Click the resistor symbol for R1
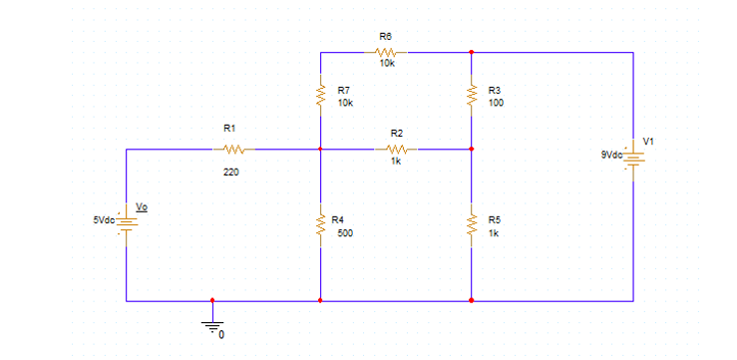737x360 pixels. coord(233,150)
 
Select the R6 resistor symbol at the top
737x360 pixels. coord(387,51)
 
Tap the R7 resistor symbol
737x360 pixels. coord(320,96)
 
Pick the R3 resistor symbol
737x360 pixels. coord(471,96)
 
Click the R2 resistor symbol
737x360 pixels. coord(396,150)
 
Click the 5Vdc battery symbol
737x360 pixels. coord(127,225)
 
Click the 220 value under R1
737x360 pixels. coord(230,173)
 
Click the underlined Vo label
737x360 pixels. coord(142,207)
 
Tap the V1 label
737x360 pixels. coord(648,140)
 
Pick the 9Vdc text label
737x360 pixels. coord(611,155)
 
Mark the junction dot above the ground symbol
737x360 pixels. coord(211,299)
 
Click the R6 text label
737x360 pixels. coord(385,36)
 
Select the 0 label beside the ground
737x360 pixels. coord(221,334)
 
